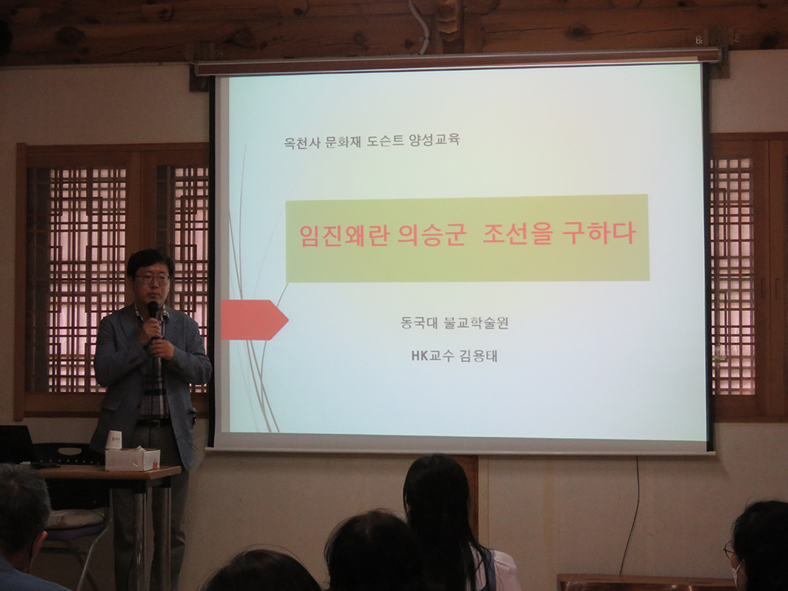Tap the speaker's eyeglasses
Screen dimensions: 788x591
pos(152,279)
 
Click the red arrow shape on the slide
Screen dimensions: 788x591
pos(254,319)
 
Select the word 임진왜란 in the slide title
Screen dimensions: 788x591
pos(344,235)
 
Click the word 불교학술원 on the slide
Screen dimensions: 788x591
pos(476,322)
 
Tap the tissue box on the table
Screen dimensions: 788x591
pos(132,459)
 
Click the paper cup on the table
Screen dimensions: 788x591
pos(114,439)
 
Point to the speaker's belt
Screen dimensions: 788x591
pos(153,423)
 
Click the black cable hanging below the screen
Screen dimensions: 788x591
pos(632,518)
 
